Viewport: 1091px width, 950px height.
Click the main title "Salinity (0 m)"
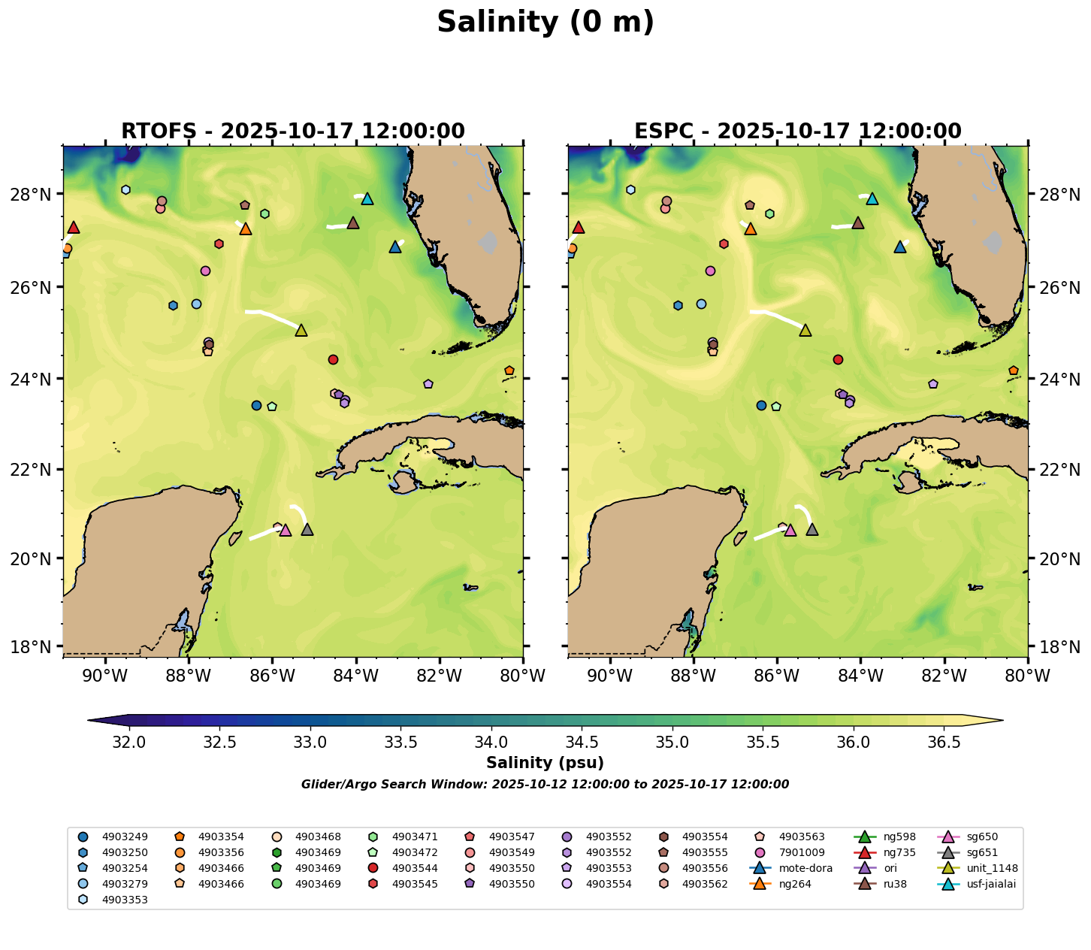[x=545, y=23]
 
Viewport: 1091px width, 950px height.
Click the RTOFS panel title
[x=293, y=132]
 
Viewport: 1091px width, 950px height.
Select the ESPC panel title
[x=797, y=132]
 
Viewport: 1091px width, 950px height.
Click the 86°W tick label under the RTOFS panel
[x=272, y=676]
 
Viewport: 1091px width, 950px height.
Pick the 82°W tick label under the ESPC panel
[x=944, y=676]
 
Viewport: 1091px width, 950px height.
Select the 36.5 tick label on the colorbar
[x=944, y=743]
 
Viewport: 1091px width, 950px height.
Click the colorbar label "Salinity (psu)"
[x=545, y=764]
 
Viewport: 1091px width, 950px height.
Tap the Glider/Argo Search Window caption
[x=545, y=785]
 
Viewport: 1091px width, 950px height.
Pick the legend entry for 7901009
[x=800, y=852]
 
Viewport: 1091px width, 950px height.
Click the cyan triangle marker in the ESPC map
[x=872, y=198]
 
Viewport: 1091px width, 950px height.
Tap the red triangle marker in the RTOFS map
[x=74, y=228]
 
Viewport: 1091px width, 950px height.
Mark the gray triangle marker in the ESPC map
[x=812, y=530]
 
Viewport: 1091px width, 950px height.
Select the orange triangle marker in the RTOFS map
[x=246, y=229]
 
